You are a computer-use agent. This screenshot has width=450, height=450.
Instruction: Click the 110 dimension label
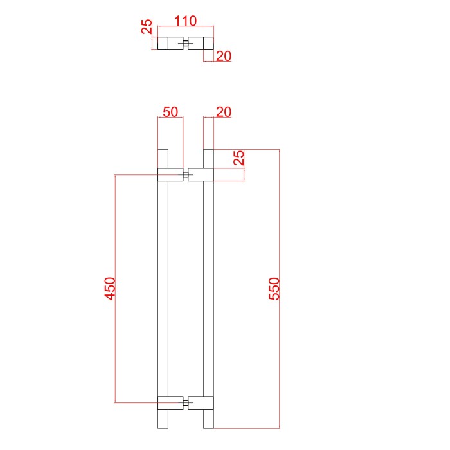pos(185,21)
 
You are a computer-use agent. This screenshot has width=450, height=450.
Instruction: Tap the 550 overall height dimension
pos(274,289)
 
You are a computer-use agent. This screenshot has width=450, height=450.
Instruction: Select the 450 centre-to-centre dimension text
pos(110,289)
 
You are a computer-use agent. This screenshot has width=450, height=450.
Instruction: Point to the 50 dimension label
pos(170,112)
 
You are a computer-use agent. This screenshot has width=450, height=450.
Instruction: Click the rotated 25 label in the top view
pos(147,26)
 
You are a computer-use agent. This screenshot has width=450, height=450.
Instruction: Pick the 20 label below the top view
pos(224,56)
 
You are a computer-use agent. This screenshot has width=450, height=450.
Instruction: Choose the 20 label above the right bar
pos(224,112)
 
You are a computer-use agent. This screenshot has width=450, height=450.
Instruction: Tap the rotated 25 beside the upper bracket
pos(239,157)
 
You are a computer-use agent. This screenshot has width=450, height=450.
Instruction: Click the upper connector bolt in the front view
pos(186,174)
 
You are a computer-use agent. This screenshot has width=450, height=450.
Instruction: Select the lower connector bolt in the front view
pos(186,402)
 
